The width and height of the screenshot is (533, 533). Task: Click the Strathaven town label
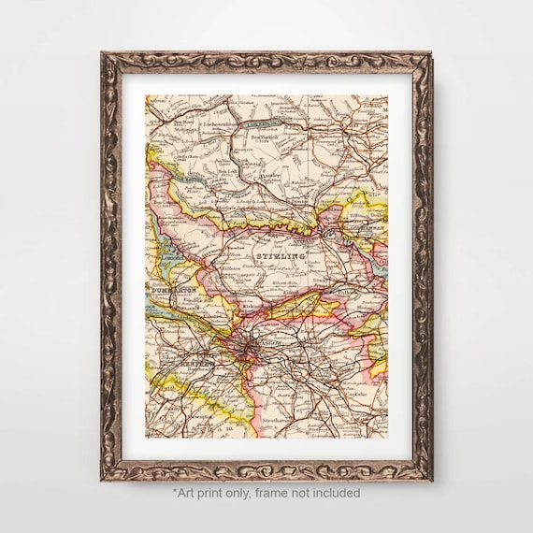coord(279,421)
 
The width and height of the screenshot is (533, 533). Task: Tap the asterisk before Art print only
coord(174,491)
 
